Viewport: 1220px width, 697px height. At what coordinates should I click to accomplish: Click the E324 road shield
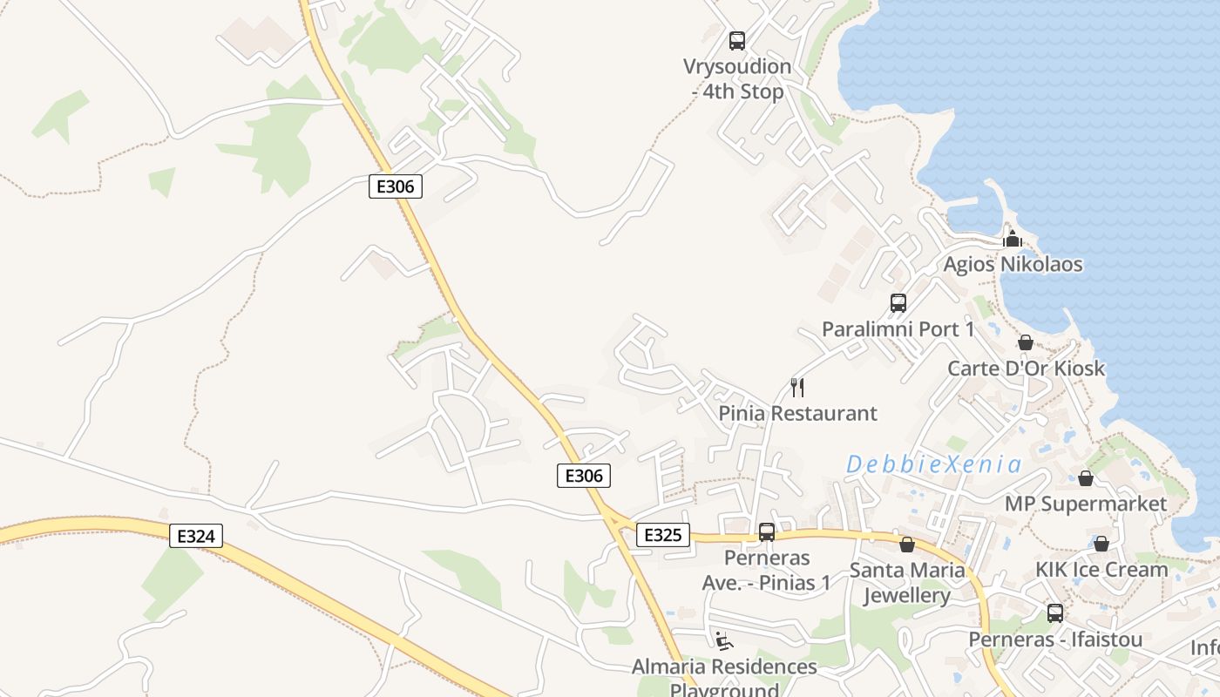pyautogui.click(x=195, y=536)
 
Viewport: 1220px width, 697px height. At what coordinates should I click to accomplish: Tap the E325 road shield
pyautogui.click(x=662, y=534)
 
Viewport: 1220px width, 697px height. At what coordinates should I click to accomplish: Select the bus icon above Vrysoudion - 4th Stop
pyautogui.click(x=737, y=40)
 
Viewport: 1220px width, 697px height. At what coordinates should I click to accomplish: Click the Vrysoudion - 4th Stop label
pyautogui.click(x=737, y=79)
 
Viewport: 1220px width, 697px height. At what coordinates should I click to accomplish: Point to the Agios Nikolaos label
pyautogui.click(x=1013, y=264)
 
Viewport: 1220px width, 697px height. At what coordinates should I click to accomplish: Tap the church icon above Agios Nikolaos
pyautogui.click(x=1013, y=238)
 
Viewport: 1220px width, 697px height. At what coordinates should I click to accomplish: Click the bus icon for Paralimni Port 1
pyautogui.click(x=898, y=303)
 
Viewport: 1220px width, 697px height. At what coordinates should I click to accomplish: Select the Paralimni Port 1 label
pyautogui.click(x=898, y=329)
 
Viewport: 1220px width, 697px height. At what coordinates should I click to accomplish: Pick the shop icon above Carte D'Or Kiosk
pyautogui.click(x=1026, y=342)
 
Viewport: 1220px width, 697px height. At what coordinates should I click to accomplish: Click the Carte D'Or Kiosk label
pyautogui.click(x=1026, y=368)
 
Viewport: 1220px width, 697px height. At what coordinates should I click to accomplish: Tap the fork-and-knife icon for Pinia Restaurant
pyautogui.click(x=796, y=387)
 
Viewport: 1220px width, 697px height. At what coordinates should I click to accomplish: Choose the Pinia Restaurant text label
pyautogui.click(x=797, y=413)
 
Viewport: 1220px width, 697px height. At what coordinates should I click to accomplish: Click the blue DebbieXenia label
pyautogui.click(x=933, y=464)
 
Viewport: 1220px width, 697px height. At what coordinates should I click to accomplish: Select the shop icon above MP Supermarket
pyautogui.click(x=1086, y=478)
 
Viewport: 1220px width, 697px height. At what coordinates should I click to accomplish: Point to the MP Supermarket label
pyautogui.click(x=1085, y=504)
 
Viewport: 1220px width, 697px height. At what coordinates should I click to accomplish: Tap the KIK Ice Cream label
pyautogui.click(x=1101, y=569)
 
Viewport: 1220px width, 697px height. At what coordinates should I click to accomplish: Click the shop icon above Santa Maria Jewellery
pyautogui.click(x=907, y=545)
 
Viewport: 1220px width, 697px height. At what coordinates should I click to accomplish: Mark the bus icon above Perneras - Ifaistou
pyautogui.click(x=1055, y=613)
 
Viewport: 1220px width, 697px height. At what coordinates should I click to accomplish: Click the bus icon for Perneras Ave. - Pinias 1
pyautogui.click(x=767, y=531)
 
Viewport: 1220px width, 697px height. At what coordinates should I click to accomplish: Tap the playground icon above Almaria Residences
pyautogui.click(x=724, y=641)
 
